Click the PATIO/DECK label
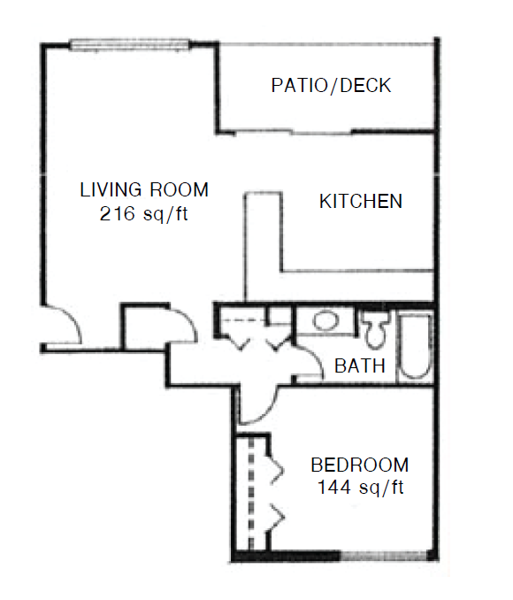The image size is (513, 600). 331,86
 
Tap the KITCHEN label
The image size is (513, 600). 360,202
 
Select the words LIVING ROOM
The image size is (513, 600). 143,189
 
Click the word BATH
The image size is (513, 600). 360,365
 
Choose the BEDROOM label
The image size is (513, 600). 359,465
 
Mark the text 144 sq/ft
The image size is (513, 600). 359,487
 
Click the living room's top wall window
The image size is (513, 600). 130,44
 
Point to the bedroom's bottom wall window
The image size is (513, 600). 385,556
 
